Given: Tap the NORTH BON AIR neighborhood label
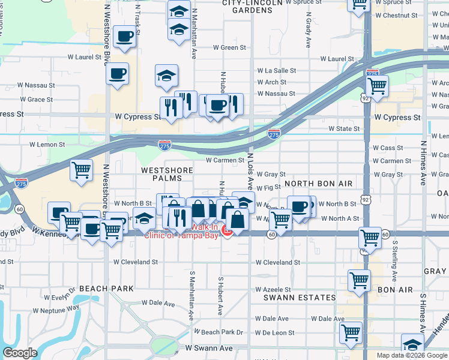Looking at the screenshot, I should [x=316, y=183].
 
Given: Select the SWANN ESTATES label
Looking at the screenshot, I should [x=300, y=298].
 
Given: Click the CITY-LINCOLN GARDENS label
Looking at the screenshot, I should [x=252, y=7].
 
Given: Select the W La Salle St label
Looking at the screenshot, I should [x=276, y=70].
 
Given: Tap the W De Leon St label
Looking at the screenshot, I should [x=274, y=332].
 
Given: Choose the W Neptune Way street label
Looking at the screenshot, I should [x=56, y=310].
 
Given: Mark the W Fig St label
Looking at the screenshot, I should [x=268, y=188].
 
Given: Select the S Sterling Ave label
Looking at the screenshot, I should [x=395, y=262].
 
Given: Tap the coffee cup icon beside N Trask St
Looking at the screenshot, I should [x=126, y=37].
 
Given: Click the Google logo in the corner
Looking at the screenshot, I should [x=20, y=353].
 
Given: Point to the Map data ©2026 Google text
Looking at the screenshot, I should [x=411, y=355].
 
